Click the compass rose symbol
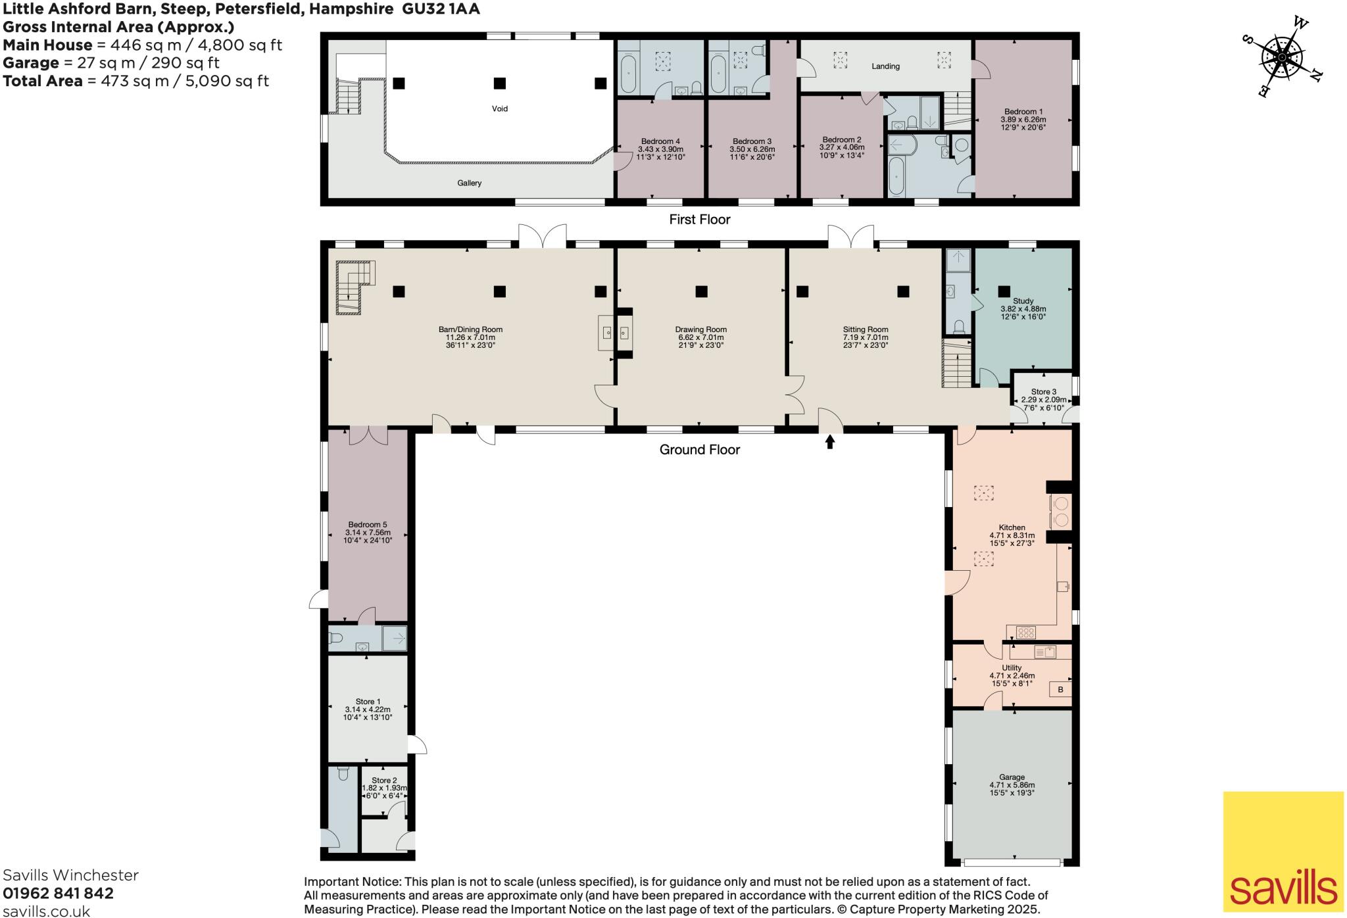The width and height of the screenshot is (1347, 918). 1282,58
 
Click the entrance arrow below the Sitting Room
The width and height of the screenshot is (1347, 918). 830,442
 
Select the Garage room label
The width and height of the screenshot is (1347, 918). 1012,777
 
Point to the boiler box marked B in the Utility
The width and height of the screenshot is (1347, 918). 1060,690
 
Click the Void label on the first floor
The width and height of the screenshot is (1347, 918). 500,109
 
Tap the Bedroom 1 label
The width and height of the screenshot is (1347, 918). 1023,112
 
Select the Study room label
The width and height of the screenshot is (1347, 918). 1023,301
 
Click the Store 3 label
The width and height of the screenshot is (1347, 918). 1043,392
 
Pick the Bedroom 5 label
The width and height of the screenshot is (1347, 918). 367,525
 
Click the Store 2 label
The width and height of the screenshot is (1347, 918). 384,781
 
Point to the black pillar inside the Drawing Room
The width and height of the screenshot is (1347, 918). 702,291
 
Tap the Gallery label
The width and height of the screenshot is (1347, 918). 470,183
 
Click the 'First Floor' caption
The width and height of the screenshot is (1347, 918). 699,220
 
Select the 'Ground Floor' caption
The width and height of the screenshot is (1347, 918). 699,450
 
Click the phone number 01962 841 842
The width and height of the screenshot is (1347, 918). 58,893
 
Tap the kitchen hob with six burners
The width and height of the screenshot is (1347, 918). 1026,633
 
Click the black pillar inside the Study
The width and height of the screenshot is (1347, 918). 1004,291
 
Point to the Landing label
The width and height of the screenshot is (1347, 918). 885,66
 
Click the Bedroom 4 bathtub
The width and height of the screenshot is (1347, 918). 628,74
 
